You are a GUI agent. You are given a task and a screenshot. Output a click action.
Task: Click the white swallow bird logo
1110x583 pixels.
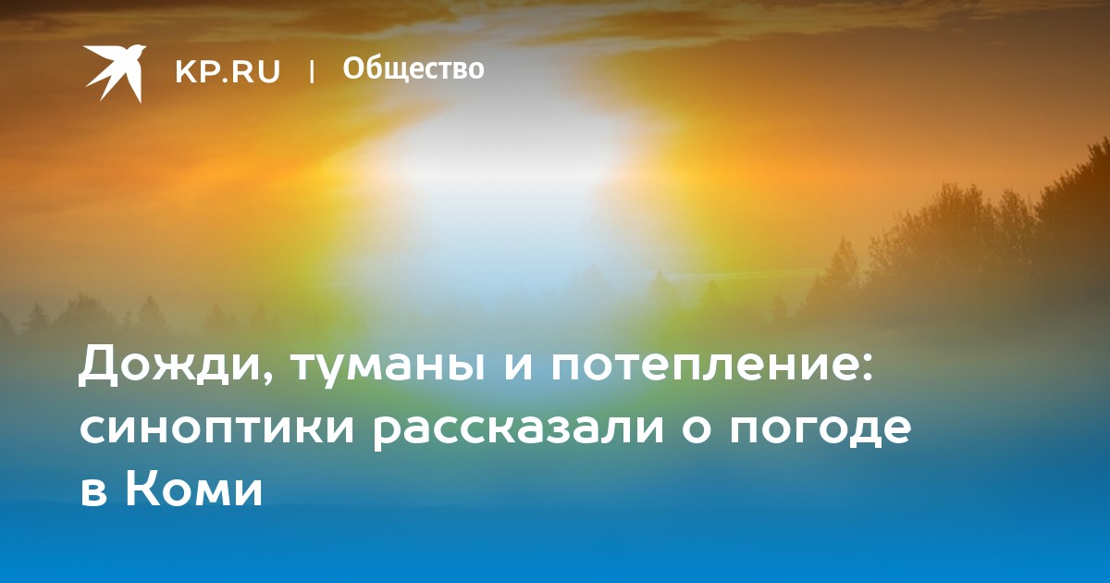point(115,73)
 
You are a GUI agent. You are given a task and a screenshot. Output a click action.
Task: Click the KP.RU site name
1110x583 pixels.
point(228,71)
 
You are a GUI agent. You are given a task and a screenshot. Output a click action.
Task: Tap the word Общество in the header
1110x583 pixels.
point(413,68)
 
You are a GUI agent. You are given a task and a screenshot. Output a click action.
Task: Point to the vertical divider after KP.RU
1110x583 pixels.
point(312,71)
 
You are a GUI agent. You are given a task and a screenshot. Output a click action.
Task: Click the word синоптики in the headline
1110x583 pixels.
point(217,430)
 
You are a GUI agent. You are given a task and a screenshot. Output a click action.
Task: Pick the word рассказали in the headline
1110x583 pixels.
point(518,430)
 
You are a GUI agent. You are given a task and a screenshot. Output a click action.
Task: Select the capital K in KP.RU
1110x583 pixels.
point(186,71)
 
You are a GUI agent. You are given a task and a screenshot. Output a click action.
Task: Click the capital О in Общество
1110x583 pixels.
point(353,68)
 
